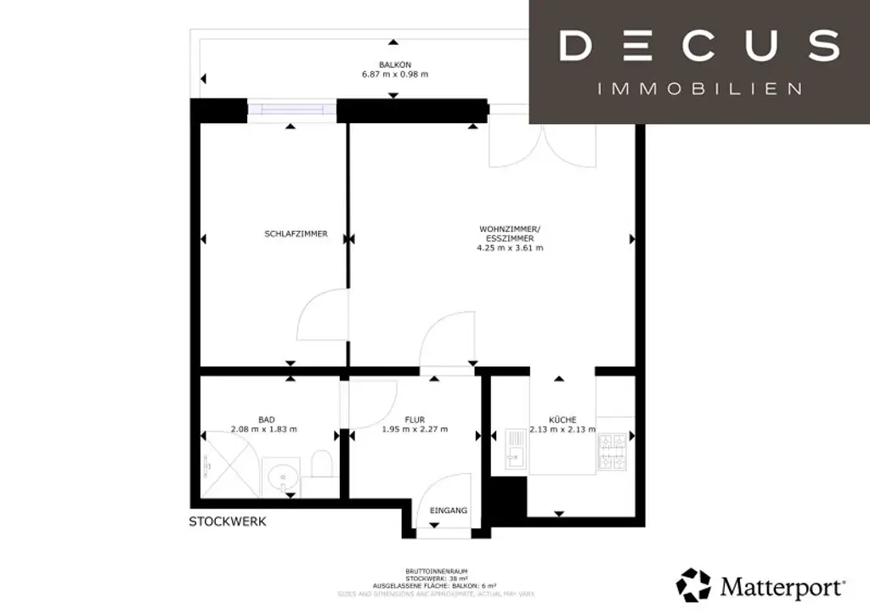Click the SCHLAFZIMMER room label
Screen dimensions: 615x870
tap(296, 234)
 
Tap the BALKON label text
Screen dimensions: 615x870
tap(395, 65)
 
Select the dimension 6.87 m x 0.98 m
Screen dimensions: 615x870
tap(395, 75)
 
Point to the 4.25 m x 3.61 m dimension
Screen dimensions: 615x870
tap(511, 248)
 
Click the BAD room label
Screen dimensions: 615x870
tap(266, 419)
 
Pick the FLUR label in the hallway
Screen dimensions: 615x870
tap(415, 419)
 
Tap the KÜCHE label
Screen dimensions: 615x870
tap(562, 419)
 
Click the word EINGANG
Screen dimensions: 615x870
tap(449, 511)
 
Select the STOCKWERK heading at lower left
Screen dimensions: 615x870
tap(227, 522)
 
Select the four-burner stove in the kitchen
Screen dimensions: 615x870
tap(613, 451)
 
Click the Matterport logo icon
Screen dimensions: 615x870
tap(692, 585)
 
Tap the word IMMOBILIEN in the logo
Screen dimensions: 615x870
tap(700, 88)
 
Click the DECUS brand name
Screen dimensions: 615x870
tap(699, 45)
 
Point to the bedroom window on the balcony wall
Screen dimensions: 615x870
tap(291, 110)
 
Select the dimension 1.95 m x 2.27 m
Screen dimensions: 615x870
tap(415, 429)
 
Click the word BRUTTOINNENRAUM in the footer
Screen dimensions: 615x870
tap(434, 571)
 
